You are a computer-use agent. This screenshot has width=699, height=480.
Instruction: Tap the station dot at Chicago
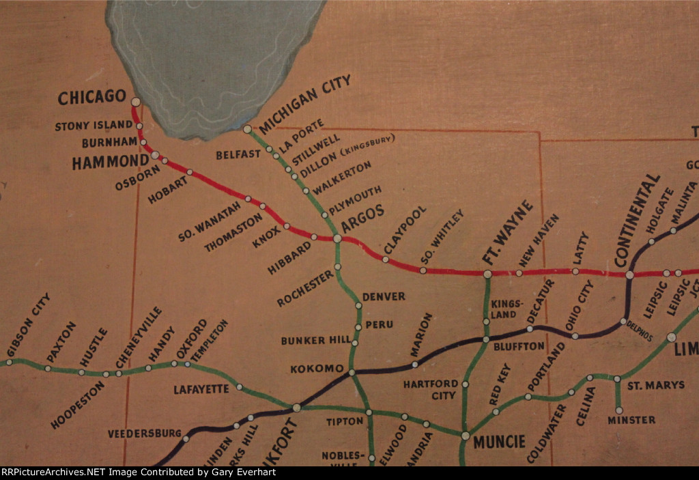tap(136, 102)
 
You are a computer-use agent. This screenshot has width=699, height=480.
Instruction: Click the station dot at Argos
tap(337, 238)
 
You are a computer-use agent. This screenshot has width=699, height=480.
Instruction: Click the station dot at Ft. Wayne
tap(488, 274)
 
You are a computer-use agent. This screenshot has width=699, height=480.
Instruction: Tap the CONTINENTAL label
tap(638, 221)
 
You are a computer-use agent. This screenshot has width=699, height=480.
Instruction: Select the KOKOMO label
tap(317, 369)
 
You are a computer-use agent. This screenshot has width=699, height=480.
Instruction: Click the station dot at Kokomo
tap(352, 373)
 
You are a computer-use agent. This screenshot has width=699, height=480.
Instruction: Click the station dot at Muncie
tap(466, 436)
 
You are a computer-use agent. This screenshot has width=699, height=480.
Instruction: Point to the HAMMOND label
tap(110, 162)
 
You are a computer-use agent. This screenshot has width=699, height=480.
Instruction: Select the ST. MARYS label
tap(656, 385)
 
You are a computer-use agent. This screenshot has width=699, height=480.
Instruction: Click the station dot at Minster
tap(620, 411)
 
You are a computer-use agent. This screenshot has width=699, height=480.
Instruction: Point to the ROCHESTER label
tap(306, 288)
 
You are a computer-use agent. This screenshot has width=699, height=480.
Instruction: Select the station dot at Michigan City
tap(247, 129)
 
